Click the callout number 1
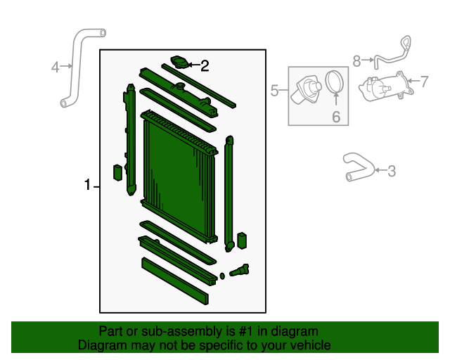88,186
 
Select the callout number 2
205,67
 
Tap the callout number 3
392,170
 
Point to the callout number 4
56,67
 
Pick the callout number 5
275,90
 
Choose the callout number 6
335,117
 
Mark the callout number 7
424,81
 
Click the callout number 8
356,61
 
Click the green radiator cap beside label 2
180,63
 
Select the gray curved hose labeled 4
77,63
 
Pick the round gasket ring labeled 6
335,82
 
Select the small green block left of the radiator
117,173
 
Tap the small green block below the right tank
243,240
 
